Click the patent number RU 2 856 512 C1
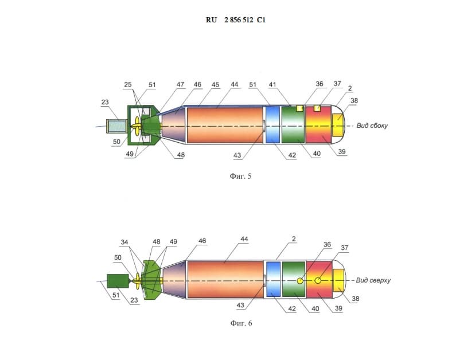[x=236, y=20]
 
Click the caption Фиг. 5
[x=240, y=176]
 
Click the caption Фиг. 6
[x=241, y=323]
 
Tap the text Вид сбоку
[x=372, y=126]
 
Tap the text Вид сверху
[x=373, y=280]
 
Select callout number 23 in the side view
[x=105, y=102]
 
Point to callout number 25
[x=128, y=84]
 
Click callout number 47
[x=180, y=84]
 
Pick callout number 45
[x=215, y=85]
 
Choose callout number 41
[x=272, y=84]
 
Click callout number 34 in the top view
[x=124, y=242]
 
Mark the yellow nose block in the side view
[x=338, y=125]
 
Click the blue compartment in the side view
[x=272, y=125]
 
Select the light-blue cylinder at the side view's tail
[x=117, y=126]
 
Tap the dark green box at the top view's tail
[x=118, y=281]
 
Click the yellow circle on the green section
[x=300, y=280]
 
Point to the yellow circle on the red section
[x=318, y=280]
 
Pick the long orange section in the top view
[x=225, y=279]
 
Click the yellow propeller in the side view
[x=137, y=126]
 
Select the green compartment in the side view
[x=293, y=125]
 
